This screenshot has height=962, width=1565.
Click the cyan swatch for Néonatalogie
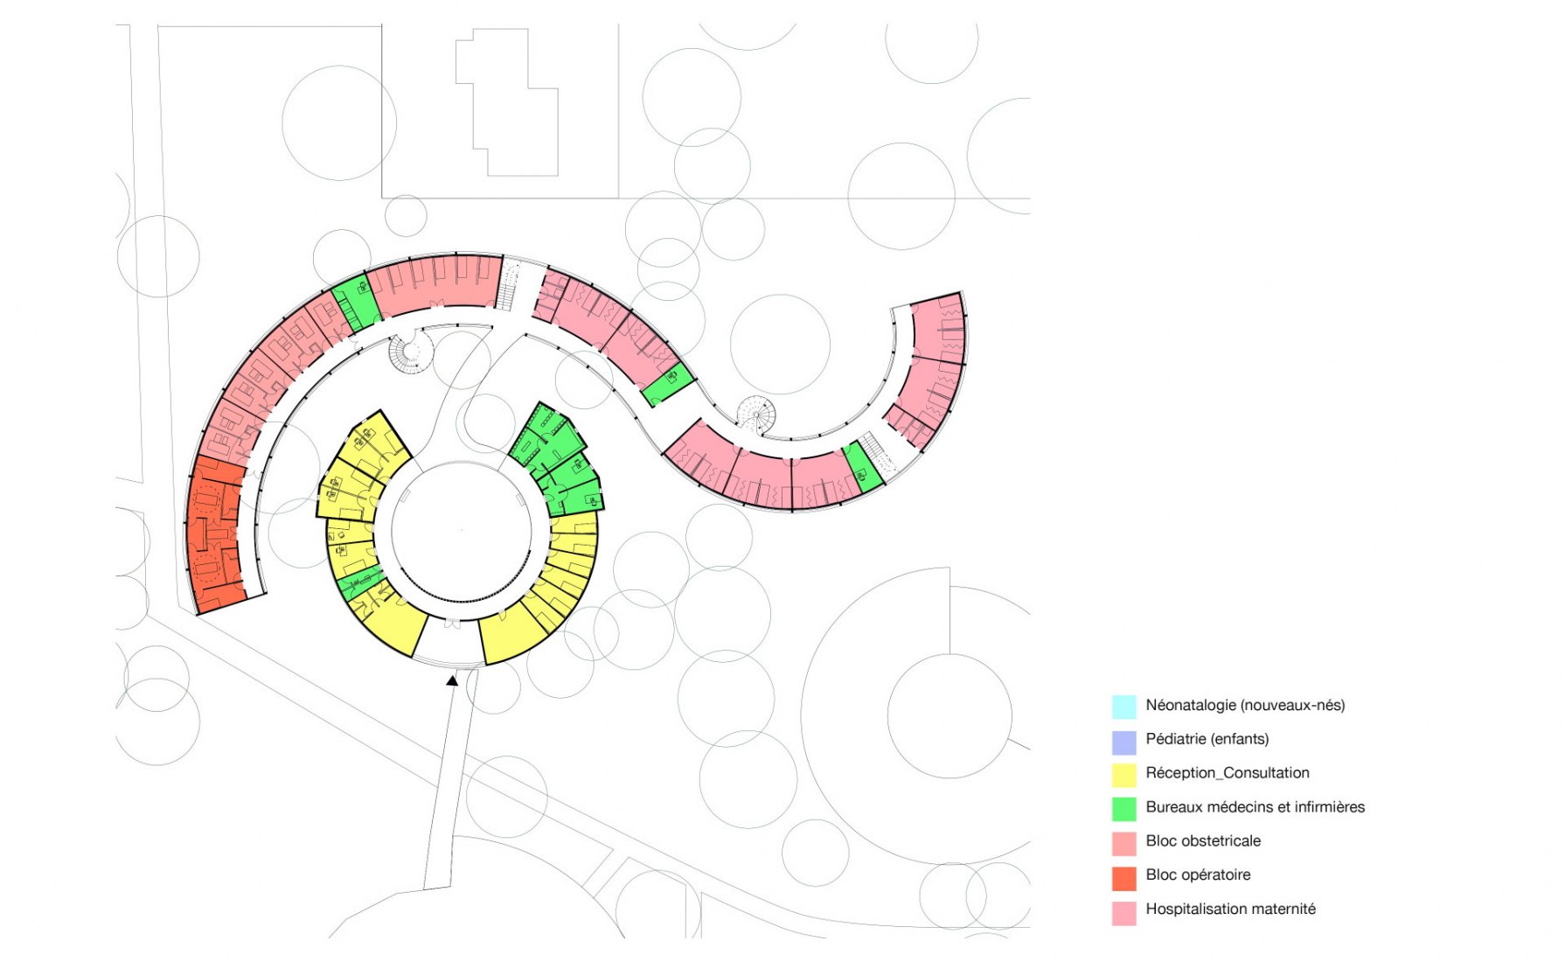click(x=1123, y=706)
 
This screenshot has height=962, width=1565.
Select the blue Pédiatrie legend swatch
click(x=1123, y=740)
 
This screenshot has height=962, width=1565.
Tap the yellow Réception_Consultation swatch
click(x=1123, y=774)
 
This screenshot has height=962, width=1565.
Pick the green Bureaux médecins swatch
click(x=1123, y=808)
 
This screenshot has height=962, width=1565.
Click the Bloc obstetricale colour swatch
click(x=1123, y=842)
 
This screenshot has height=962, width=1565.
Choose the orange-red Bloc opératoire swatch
click(x=1123, y=876)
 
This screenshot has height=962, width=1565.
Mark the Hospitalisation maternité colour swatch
click(x=1123, y=910)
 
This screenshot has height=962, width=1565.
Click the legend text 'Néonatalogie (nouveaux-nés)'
click(x=1245, y=705)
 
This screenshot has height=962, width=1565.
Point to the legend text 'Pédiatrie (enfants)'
click(x=1207, y=739)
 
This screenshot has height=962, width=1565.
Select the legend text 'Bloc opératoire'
click(x=1198, y=875)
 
